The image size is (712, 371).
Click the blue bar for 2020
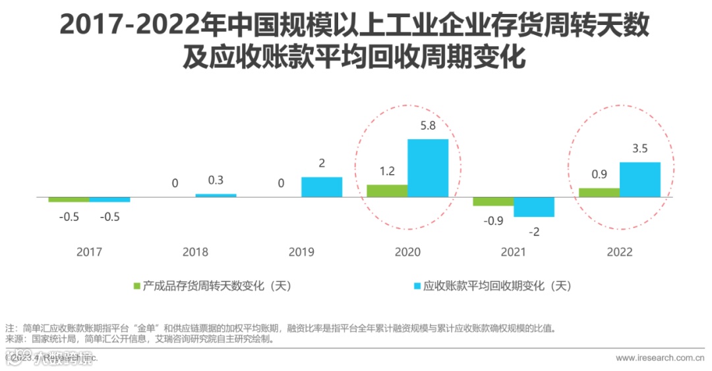pyautogui.click(x=427, y=168)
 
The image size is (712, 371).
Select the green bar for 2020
pyautogui.click(x=387, y=190)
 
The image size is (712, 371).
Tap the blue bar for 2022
pyautogui.click(x=639, y=179)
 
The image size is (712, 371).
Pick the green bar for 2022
pyautogui.click(x=599, y=192)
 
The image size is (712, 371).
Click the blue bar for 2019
pyautogui.click(x=322, y=187)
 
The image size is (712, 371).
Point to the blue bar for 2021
pyautogui.click(x=533, y=207)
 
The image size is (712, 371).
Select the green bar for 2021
pyautogui.click(x=493, y=202)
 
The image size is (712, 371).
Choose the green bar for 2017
pyautogui.click(x=69, y=199)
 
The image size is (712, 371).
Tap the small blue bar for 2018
pyautogui.click(x=216, y=196)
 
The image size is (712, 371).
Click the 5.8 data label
pyautogui.click(x=427, y=125)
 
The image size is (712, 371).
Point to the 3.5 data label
pyautogui.click(x=639, y=149)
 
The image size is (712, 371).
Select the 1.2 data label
pyautogui.click(x=387, y=171)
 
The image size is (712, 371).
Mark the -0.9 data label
pyautogui.click(x=492, y=221)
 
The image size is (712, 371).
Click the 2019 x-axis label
pyautogui.click(x=301, y=252)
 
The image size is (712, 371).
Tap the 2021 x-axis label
pyautogui.click(x=514, y=252)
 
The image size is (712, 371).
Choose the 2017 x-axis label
pyautogui.click(x=89, y=252)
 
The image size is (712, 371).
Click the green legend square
pyautogui.click(x=137, y=286)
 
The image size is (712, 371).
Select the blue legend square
pyautogui.click(x=417, y=286)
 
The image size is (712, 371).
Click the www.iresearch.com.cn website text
pyautogui.click(x=659, y=357)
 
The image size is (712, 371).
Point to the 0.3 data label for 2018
pyautogui.click(x=215, y=180)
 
